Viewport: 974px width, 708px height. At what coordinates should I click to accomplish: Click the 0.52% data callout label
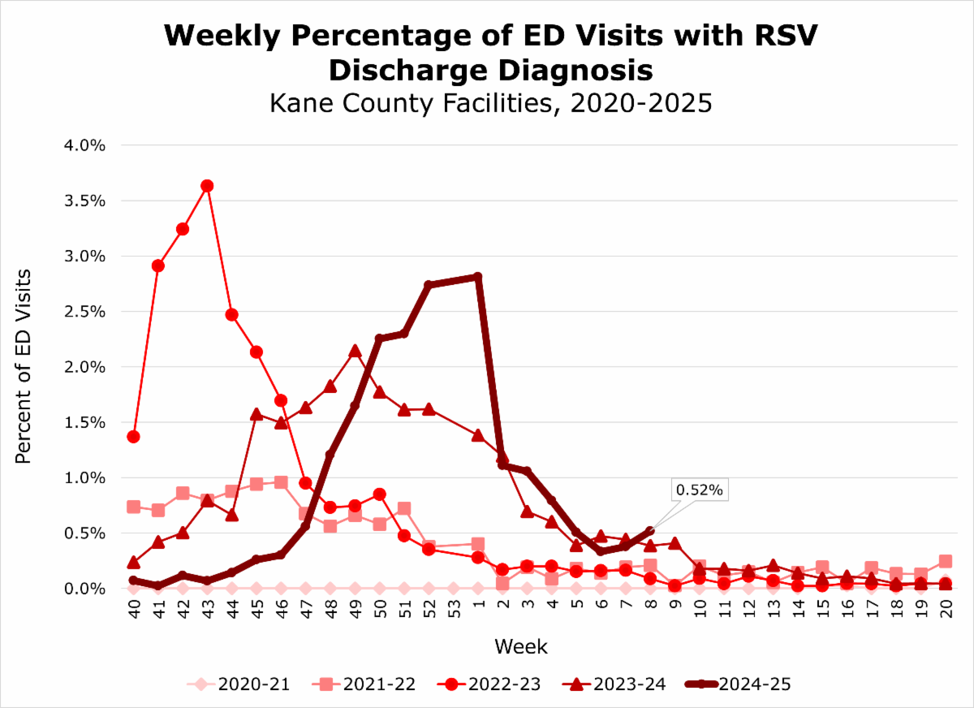pyautogui.click(x=698, y=490)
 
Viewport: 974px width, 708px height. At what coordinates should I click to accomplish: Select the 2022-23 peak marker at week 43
pyautogui.click(x=207, y=186)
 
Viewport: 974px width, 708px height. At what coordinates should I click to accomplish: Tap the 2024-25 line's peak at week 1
pyautogui.click(x=478, y=277)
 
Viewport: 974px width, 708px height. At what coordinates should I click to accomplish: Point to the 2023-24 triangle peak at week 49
pyautogui.click(x=355, y=351)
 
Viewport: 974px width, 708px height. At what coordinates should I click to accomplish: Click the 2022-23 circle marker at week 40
pyautogui.click(x=133, y=437)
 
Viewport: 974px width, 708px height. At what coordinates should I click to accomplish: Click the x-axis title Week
pyautogui.click(x=520, y=647)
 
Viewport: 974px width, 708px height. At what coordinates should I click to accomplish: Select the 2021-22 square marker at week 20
pyautogui.click(x=946, y=561)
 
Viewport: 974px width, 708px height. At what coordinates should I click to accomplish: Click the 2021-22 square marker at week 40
pyautogui.click(x=133, y=507)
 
